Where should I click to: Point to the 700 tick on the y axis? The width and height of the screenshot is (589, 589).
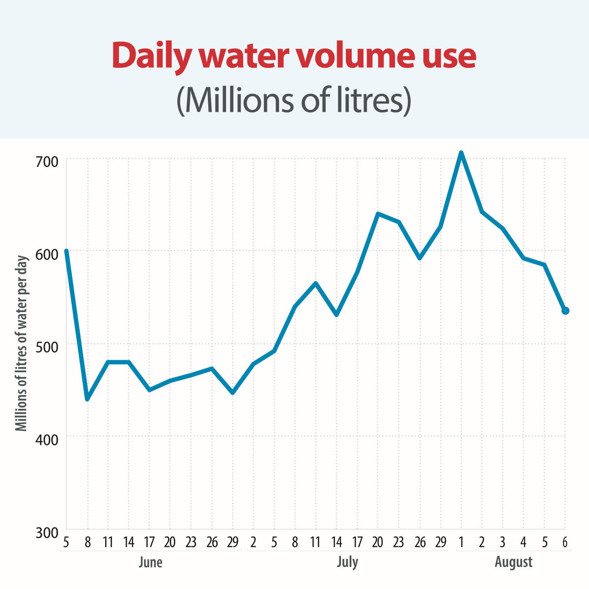coord(47,161)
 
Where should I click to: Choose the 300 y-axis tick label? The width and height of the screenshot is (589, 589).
coord(47,532)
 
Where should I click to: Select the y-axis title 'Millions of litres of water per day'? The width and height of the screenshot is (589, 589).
coord(22,344)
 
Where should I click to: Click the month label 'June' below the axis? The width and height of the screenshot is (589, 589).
coord(150,562)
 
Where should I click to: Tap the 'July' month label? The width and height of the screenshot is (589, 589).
coord(347,562)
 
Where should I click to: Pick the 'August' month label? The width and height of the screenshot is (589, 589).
coord(513,562)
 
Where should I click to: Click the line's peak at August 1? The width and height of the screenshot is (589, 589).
coord(461,153)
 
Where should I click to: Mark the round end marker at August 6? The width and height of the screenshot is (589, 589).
coord(565,311)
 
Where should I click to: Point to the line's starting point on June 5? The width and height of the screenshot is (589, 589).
coord(66,251)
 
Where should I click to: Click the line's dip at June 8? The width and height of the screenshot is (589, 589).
coord(87,399)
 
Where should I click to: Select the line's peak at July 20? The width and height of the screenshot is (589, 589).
coord(378,214)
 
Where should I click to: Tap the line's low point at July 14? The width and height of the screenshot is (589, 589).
coord(337,315)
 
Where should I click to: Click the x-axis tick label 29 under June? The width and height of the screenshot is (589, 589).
coord(233,542)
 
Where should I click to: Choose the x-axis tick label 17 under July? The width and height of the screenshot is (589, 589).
coord(357,542)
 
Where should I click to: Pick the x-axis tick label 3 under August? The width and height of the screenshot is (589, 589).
coord(503,542)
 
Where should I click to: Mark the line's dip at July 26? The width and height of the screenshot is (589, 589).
coord(420,258)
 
